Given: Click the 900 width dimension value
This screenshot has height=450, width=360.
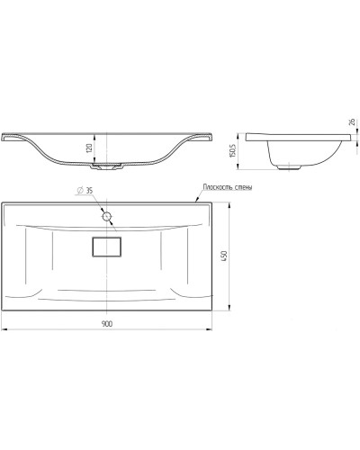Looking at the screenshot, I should click(x=106, y=324).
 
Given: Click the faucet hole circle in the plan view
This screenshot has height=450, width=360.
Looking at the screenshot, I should click(x=107, y=216).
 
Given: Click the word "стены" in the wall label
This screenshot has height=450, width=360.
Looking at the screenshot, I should click(x=242, y=186).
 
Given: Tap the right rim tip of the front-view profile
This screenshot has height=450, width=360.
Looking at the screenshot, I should click(x=211, y=136).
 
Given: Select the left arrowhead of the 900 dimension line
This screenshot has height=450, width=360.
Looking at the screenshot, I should click(x=4, y=329).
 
